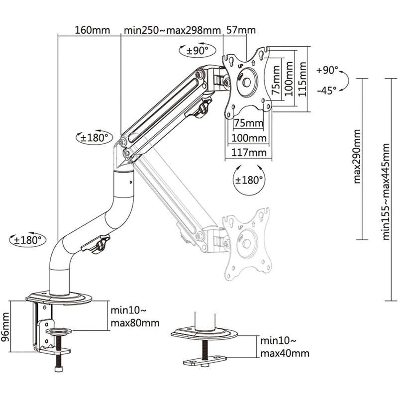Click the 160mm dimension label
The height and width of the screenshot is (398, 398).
[x=92, y=29]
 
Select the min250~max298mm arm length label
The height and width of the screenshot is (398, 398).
[x=172, y=29]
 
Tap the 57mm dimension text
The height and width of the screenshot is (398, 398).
[x=240, y=29]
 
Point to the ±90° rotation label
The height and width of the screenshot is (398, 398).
[x=197, y=50]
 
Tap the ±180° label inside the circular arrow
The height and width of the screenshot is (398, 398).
[x=249, y=180]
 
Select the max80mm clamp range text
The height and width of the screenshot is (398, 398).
[x=135, y=322]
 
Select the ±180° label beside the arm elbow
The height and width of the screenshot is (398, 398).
[x=94, y=137]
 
